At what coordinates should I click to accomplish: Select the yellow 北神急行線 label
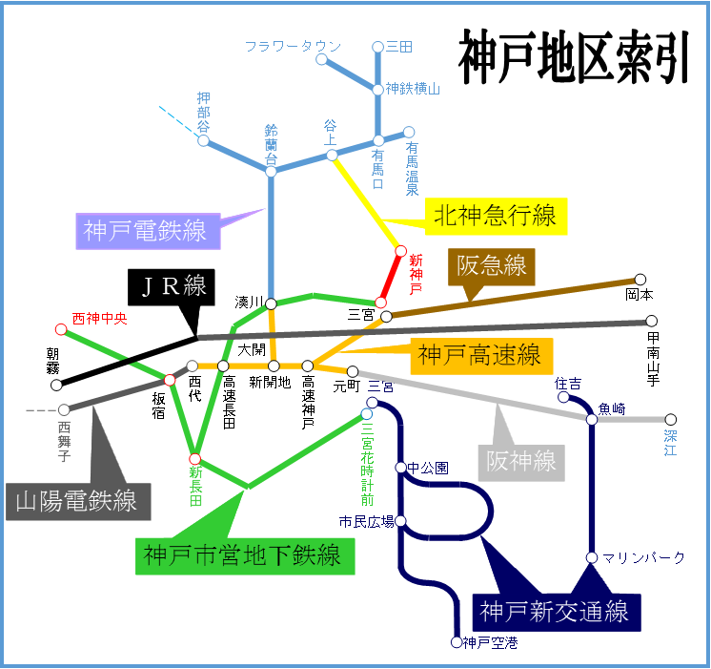495,216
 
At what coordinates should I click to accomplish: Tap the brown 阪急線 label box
491,265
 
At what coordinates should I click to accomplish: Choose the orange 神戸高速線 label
481,356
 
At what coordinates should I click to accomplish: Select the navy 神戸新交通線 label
556,610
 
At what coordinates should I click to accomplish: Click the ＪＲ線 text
173,284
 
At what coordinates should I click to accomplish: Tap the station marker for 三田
378,46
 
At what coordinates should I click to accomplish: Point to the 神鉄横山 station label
413,89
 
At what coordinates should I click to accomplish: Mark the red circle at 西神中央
61,329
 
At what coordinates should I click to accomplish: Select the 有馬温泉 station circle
409,133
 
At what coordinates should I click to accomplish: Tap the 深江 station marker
670,419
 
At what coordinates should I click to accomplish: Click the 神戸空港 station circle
456,642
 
